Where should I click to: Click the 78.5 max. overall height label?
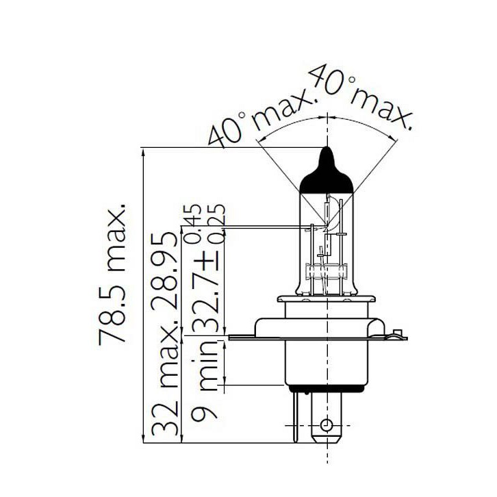(x=114, y=274)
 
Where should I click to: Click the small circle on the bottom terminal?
(x=327, y=425)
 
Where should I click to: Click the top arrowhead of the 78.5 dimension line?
(x=143, y=151)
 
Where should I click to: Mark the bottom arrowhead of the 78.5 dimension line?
(x=143, y=439)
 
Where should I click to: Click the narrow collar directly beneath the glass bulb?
(x=327, y=299)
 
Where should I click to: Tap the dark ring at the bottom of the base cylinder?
(x=327, y=385)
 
